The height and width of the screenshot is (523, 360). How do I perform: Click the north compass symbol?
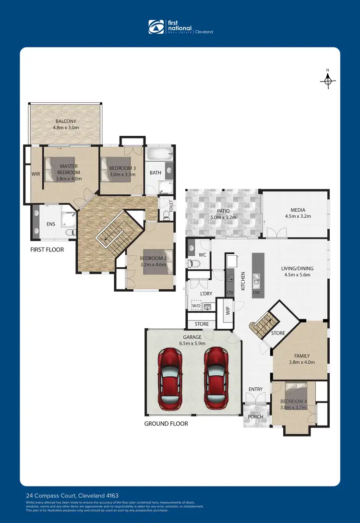tap(327, 81)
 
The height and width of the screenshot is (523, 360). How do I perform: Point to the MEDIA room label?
tap(298, 210)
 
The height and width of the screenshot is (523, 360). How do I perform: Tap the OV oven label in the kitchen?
tap(229, 292)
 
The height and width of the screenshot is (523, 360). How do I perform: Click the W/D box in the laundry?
tap(196, 305)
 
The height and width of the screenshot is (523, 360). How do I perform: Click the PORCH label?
tap(255, 416)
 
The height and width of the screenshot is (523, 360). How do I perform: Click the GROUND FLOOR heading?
tap(166, 424)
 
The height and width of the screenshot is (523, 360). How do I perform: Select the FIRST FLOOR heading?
tap(47, 250)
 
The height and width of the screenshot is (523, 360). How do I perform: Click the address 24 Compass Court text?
tap(72, 495)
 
